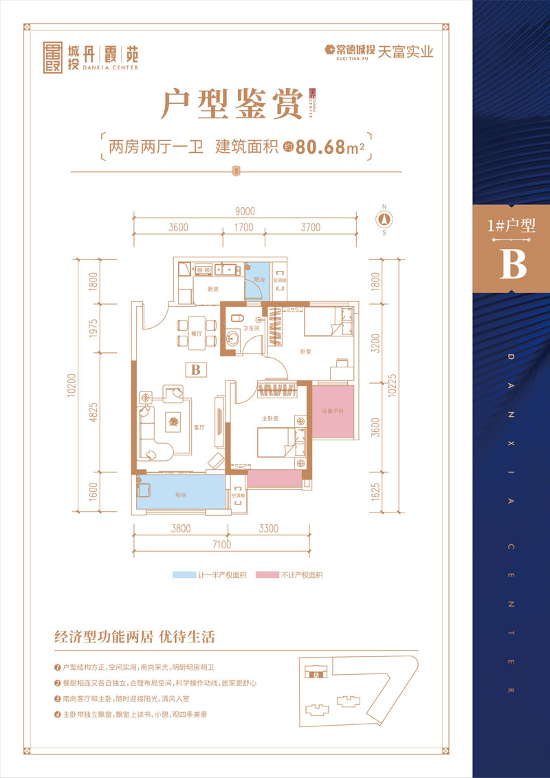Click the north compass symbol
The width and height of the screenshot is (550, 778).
[x=384, y=218]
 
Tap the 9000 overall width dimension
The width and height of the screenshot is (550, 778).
[x=244, y=211]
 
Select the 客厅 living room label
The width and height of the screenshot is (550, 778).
[x=200, y=427]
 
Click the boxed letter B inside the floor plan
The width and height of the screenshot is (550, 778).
[x=195, y=369]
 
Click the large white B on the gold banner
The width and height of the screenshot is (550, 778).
[x=512, y=263]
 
